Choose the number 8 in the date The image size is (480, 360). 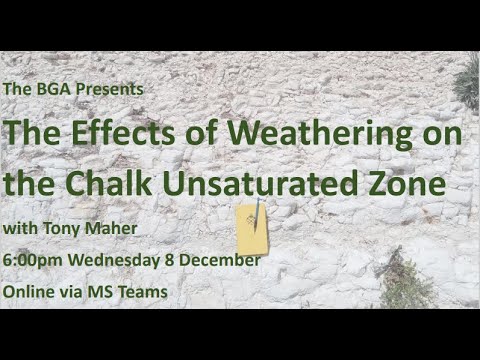click(x=173, y=260)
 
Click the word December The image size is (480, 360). click(x=222, y=260)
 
